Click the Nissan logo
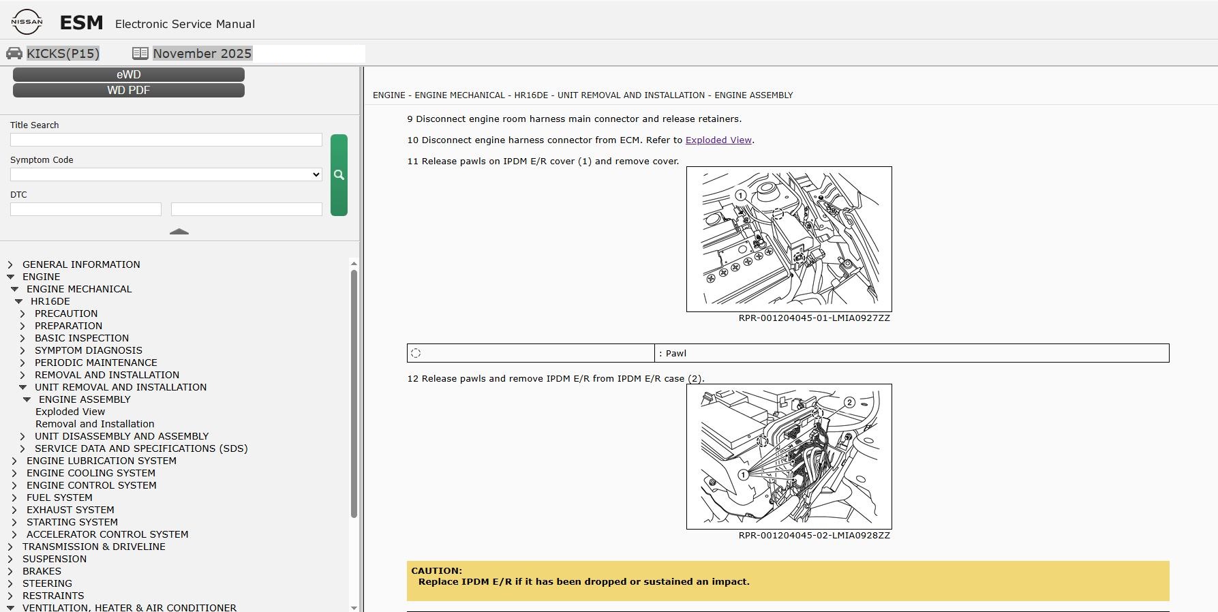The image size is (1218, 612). click(27, 22)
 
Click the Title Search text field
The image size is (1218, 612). click(166, 140)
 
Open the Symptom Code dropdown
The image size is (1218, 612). click(166, 174)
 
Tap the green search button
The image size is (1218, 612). click(339, 175)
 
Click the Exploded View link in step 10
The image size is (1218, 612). click(718, 140)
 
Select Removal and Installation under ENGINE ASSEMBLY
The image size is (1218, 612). click(95, 424)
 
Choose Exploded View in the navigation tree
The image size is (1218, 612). click(70, 412)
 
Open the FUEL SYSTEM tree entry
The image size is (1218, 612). click(59, 498)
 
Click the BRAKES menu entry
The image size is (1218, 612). click(42, 571)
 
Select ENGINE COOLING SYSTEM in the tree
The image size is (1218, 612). click(91, 473)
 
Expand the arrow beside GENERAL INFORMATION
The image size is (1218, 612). click(10, 264)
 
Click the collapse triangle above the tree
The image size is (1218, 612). click(179, 232)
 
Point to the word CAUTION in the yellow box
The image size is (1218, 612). click(436, 571)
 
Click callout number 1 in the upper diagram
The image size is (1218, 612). click(741, 196)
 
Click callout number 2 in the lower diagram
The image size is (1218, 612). click(849, 403)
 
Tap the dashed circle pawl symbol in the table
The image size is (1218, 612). click(416, 353)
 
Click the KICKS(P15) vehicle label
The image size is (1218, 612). click(63, 53)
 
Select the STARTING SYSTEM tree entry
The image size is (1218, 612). click(72, 522)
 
